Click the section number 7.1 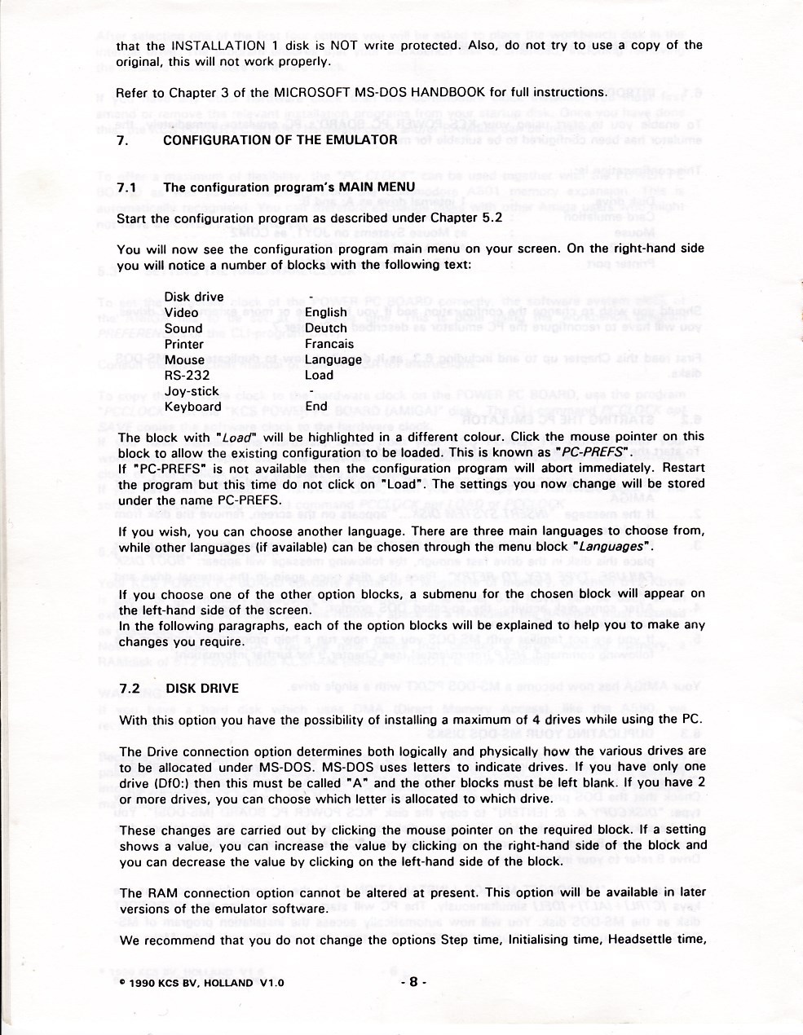click(x=126, y=187)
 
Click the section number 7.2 click(x=128, y=689)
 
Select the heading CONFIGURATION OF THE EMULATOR click(x=280, y=139)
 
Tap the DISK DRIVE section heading click(x=202, y=689)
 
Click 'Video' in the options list click(x=181, y=313)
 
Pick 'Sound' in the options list click(x=183, y=328)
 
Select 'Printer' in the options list click(x=184, y=344)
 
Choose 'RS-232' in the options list click(x=187, y=376)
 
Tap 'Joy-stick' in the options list click(x=192, y=391)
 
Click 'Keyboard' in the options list click(x=192, y=407)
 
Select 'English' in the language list click(x=326, y=313)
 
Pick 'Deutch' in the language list click(x=325, y=328)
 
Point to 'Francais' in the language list click(x=329, y=344)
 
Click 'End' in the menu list click(x=315, y=407)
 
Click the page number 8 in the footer click(x=413, y=983)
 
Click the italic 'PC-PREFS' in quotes click(x=593, y=452)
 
